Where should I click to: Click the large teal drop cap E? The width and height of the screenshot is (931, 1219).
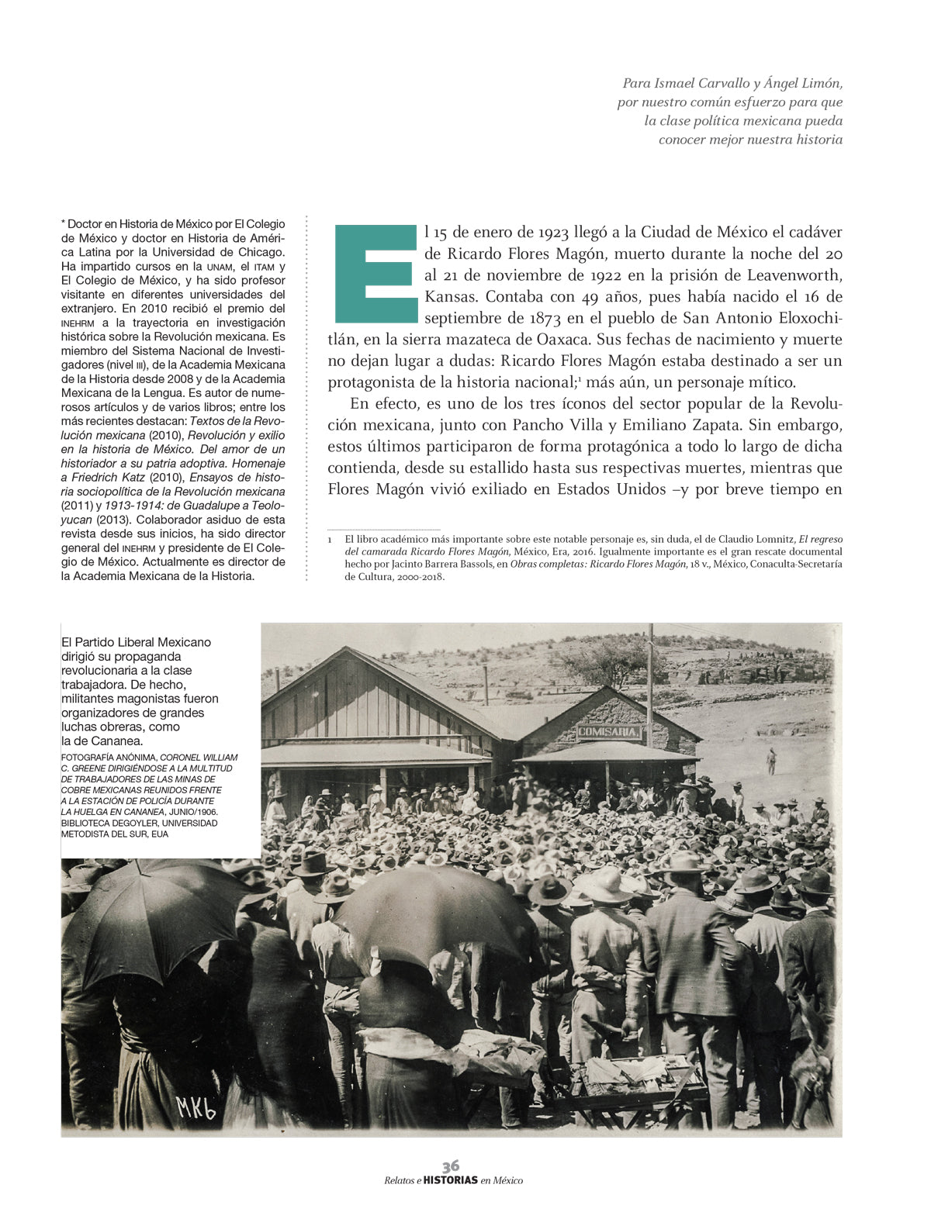pos(376,274)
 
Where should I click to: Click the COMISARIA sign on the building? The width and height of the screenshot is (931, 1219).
pos(609,732)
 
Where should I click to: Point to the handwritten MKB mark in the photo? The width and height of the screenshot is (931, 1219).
pos(195,1107)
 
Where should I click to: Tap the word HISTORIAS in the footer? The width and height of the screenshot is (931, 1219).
pos(451,1180)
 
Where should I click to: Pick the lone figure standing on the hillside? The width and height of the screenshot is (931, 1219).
pos(770,761)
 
